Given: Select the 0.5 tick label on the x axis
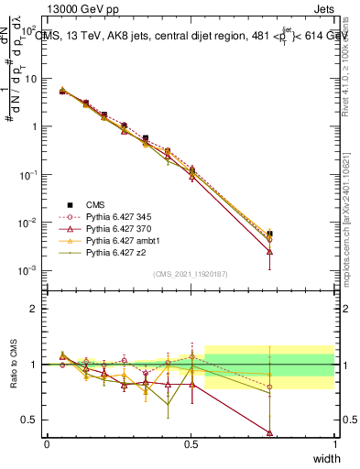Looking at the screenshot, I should [x=191, y=443].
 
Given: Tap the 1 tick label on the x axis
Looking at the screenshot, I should [x=335, y=443].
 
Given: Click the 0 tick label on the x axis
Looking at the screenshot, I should [x=47, y=443].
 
